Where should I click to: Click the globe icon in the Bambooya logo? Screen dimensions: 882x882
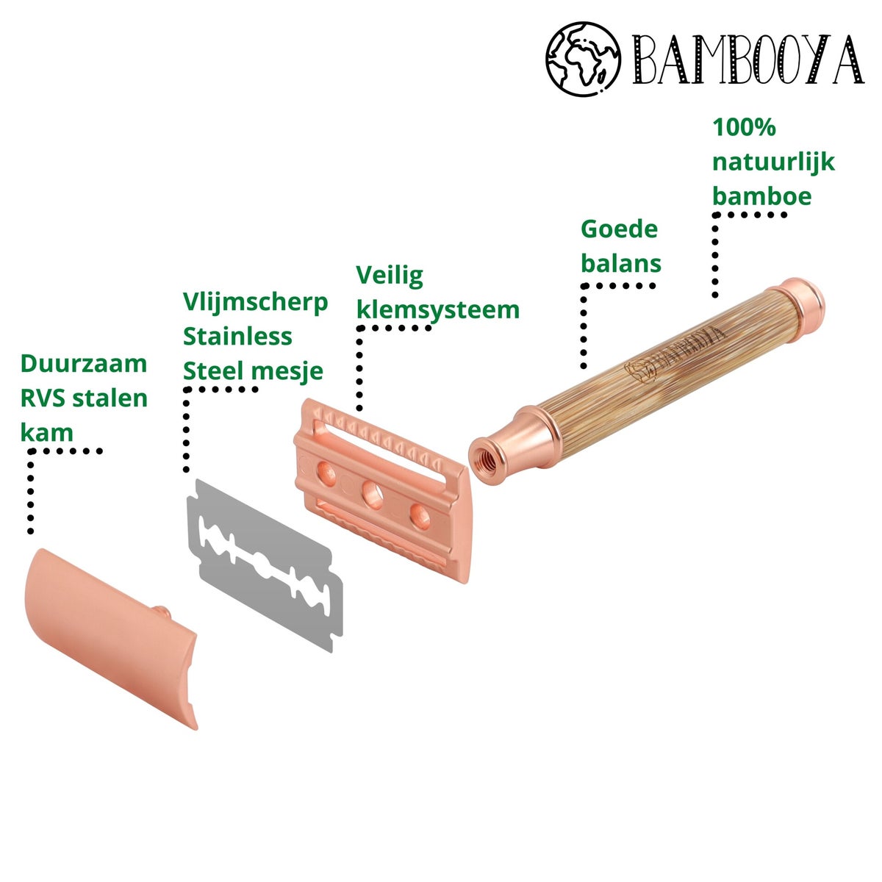tap(583, 59)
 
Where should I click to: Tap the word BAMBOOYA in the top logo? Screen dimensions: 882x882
tap(748, 60)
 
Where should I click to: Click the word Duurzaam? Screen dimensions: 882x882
tap(84, 364)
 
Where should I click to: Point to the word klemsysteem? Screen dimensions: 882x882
tap(438, 311)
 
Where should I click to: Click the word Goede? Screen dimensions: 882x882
tap(620, 229)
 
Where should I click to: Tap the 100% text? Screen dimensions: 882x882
tap(745, 126)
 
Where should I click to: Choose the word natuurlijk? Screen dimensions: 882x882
tap(773, 162)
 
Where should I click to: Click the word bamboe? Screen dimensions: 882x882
tap(762, 196)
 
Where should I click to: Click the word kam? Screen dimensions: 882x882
tap(47, 432)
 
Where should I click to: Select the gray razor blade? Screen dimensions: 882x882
tap(265, 565)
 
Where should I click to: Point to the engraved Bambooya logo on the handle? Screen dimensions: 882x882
tap(673, 355)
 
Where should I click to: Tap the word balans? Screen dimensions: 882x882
tap(621, 264)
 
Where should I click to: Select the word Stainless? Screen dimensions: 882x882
tap(237, 337)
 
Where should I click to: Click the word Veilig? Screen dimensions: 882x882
tap(390, 276)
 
